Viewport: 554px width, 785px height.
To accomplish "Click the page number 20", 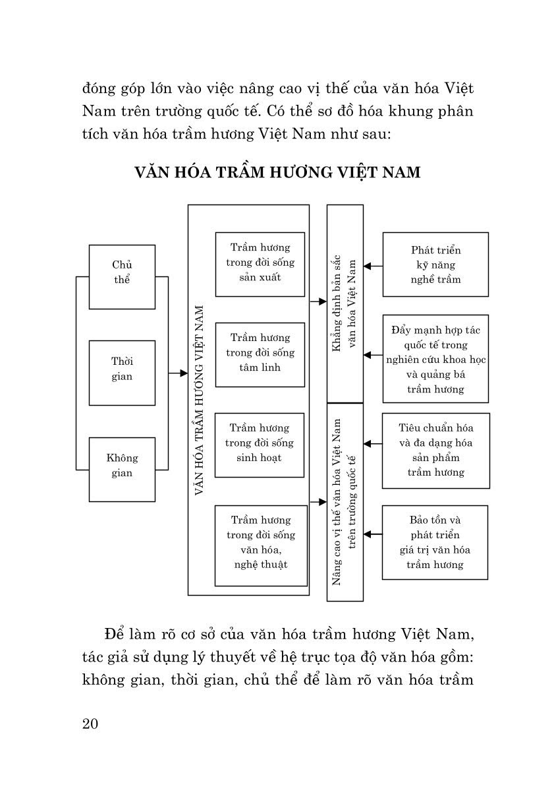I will click(90, 723).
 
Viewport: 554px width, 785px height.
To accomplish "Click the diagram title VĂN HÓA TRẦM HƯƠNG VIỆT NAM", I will click(277, 173).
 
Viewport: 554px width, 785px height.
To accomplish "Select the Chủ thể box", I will click(122, 276).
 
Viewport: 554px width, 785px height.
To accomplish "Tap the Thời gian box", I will click(122, 372).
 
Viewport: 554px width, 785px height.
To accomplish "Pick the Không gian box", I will click(122, 469).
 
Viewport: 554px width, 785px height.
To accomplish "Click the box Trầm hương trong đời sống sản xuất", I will click(260, 263).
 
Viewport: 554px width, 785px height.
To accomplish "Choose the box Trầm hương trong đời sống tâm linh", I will click(260, 354).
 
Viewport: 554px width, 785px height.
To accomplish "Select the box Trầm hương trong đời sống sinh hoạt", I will click(260, 445).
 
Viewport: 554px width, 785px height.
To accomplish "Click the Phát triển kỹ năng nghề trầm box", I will click(435, 264).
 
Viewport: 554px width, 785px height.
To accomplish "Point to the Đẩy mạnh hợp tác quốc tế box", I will click(435, 358).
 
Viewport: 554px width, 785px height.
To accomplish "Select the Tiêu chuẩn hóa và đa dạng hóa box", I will click(435, 451).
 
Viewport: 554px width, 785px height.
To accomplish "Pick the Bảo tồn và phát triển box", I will click(435, 542).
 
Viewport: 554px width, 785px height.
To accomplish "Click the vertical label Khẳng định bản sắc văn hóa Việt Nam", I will click(345, 303).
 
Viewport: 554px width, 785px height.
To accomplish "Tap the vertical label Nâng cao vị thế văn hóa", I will click(345, 501).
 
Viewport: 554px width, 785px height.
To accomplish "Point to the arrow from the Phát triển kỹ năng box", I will click(369, 266).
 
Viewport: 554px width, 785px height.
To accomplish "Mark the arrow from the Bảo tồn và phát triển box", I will click(369, 533).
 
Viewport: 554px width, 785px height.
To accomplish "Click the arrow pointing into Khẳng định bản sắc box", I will click(322, 301).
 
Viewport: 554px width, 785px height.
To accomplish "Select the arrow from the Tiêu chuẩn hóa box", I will click(369, 444).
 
